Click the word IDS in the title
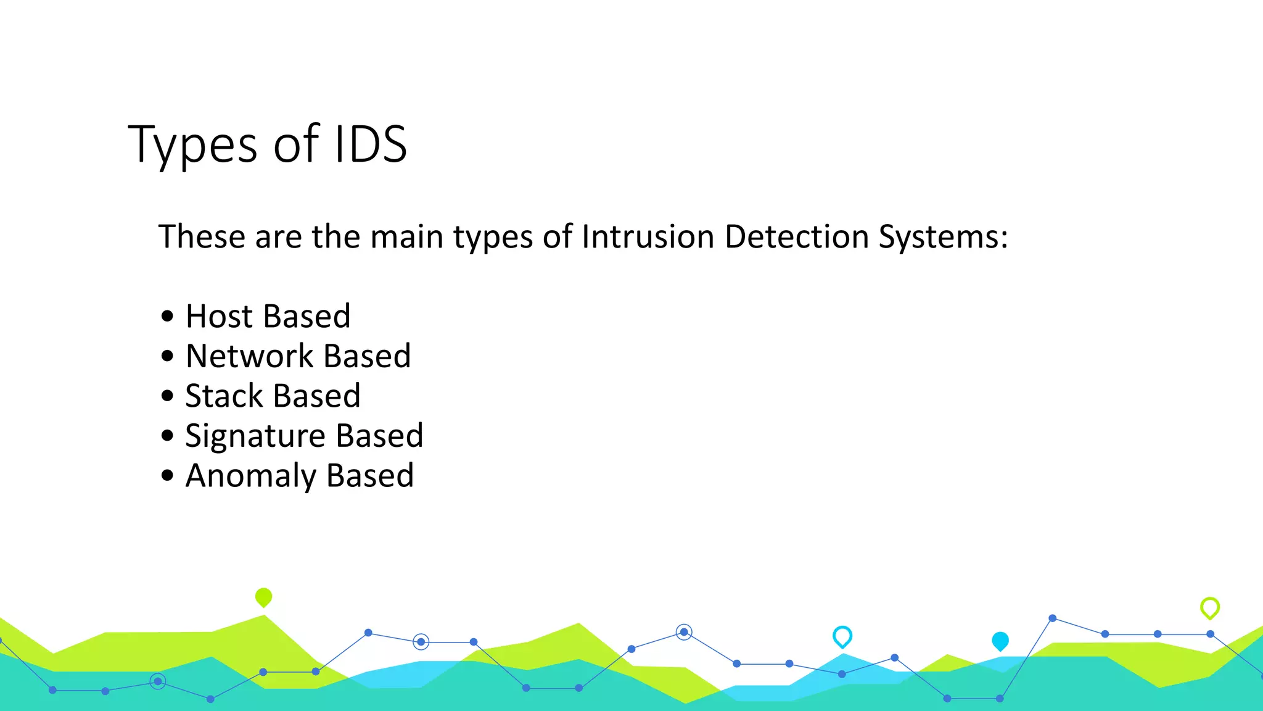pos(371,144)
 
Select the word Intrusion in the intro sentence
pos(648,236)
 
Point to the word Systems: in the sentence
pos(943,238)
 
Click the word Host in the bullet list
pos(219,317)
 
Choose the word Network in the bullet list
pos(250,356)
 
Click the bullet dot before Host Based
pos(167,317)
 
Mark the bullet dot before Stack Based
pos(167,396)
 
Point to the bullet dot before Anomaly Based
pos(167,475)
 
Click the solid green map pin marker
pos(263,597)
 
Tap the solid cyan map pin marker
pos(1000,641)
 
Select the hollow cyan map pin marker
pos(842,636)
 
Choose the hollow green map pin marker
pos(1210,608)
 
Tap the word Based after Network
pos(367,356)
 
